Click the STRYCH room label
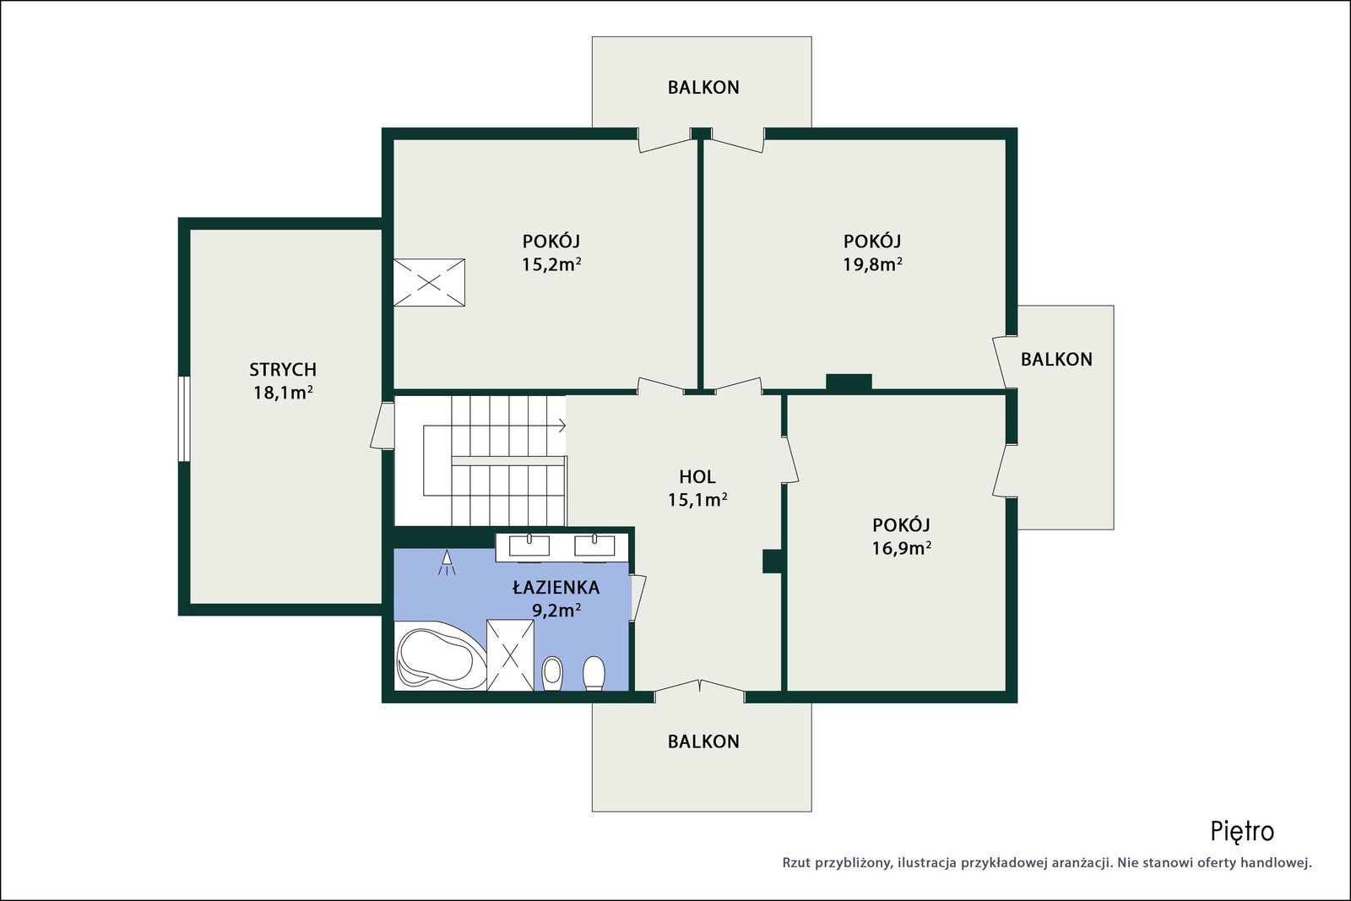(283, 369)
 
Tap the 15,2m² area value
(551, 264)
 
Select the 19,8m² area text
(872, 264)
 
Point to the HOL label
(697, 477)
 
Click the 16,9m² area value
(901, 547)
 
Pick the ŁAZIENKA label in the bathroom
(556, 587)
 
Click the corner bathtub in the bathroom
(440, 656)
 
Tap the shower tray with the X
(510, 655)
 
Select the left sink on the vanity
(529, 545)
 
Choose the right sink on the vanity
(594, 545)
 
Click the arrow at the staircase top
(562, 426)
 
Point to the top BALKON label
(703, 88)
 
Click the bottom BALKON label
(703, 741)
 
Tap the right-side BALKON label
(1056, 360)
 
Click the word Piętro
(1242, 832)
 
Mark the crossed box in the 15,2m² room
(429, 282)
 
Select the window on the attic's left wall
(183, 419)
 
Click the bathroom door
(638, 598)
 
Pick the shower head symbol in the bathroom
(447, 562)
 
